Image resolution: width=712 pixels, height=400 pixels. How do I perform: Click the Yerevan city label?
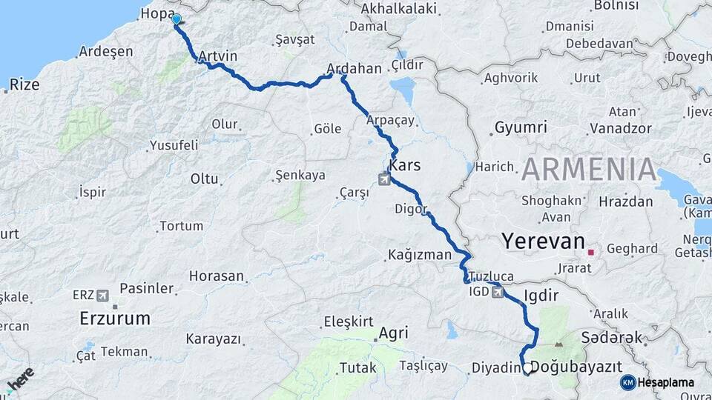coord(542,241)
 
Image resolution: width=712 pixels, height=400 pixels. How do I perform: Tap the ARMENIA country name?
coord(589,170)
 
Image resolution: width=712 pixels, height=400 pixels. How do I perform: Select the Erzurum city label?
coord(115,319)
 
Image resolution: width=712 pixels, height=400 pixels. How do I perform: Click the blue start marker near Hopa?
coord(177,19)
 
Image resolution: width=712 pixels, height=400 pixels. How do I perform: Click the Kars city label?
coord(405,165)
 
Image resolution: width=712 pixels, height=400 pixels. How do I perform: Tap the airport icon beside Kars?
coord(384,179)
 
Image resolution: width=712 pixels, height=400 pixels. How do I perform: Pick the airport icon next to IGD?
coord(496,292)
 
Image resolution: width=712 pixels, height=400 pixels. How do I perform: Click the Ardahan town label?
coord(354,69)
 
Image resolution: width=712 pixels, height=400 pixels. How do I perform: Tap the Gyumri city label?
coord(521,127)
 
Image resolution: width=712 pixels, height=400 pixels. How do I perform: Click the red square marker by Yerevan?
coord(590,253)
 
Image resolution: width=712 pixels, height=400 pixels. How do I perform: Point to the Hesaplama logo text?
coord(666,382)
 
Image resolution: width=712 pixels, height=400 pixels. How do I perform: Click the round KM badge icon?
coord(628,382)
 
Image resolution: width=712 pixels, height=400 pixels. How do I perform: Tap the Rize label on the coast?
coord(25,84)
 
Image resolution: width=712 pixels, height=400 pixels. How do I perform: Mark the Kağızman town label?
coord(419,255)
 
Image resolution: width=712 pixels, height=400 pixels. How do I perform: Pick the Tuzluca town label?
coord(491,275)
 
